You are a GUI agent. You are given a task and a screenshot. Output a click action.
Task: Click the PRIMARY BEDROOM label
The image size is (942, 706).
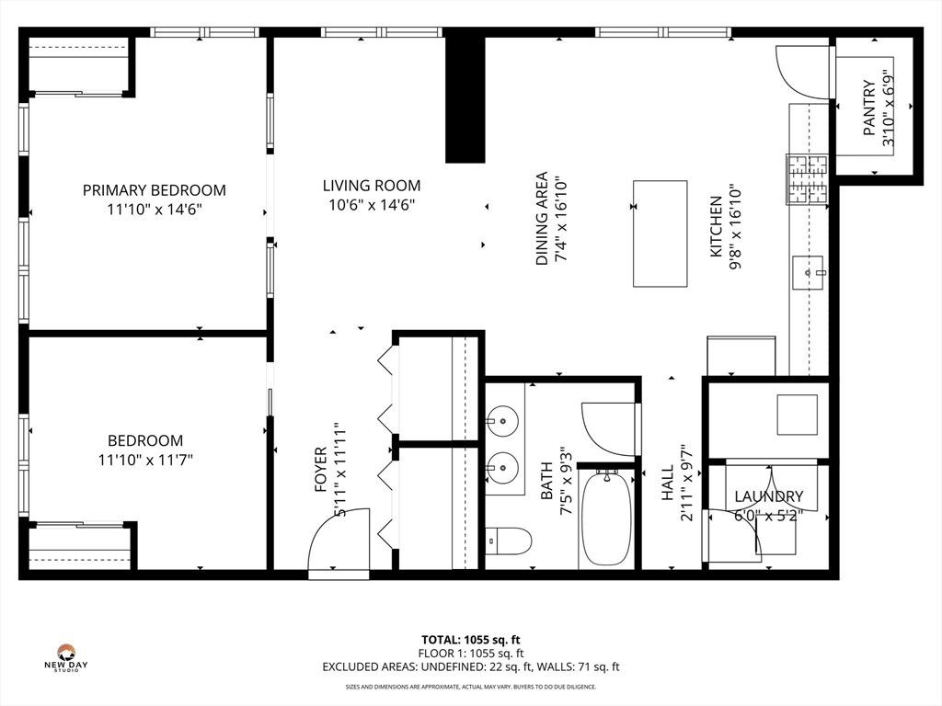click(x=154, y=190)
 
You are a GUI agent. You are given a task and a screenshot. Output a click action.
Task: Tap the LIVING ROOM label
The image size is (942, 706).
click(x=371, y=186)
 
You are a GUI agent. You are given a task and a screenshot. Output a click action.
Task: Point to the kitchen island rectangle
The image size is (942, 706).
click(x=660, y=233)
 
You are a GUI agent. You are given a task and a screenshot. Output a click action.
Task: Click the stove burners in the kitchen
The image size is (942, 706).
click(x=807, y=179)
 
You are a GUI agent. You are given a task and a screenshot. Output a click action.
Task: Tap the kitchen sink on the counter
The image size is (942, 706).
click(x=810, y=273)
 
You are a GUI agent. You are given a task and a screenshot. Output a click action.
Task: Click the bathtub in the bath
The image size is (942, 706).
click(x=606, y=520)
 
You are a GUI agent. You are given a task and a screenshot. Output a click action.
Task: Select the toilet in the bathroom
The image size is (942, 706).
click(x=508, y=541)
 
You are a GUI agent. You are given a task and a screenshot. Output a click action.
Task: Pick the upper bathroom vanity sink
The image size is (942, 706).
click(x=503, y=424)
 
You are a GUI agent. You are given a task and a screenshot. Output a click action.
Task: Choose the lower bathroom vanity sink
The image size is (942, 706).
click(x=503, y=464)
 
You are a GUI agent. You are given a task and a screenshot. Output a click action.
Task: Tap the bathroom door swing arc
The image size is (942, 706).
click(x=609, y=427)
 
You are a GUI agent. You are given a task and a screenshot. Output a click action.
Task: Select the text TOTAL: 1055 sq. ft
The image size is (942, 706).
click(x=470, y=640)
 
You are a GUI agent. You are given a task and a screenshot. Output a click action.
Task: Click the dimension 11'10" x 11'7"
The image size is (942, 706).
click(x=145, y=459)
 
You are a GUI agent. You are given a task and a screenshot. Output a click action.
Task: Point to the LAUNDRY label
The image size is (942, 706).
click(x=768, y=496)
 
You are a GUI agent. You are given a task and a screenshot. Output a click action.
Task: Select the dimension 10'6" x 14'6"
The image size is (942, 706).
click(x=371, y=205)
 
